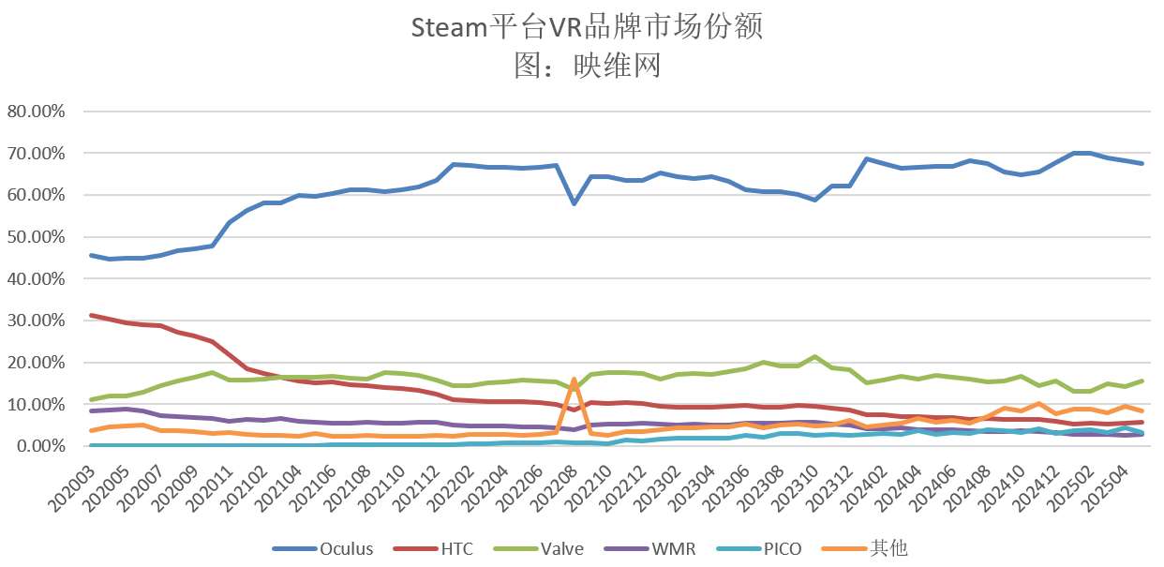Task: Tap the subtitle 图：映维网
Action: tap(588, 65)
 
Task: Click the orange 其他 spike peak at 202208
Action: tap(574, 380)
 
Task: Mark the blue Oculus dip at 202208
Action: tap(574, 203)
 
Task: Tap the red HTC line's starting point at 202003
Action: tap(91, 315)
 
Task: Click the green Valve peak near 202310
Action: tap(815, 357)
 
